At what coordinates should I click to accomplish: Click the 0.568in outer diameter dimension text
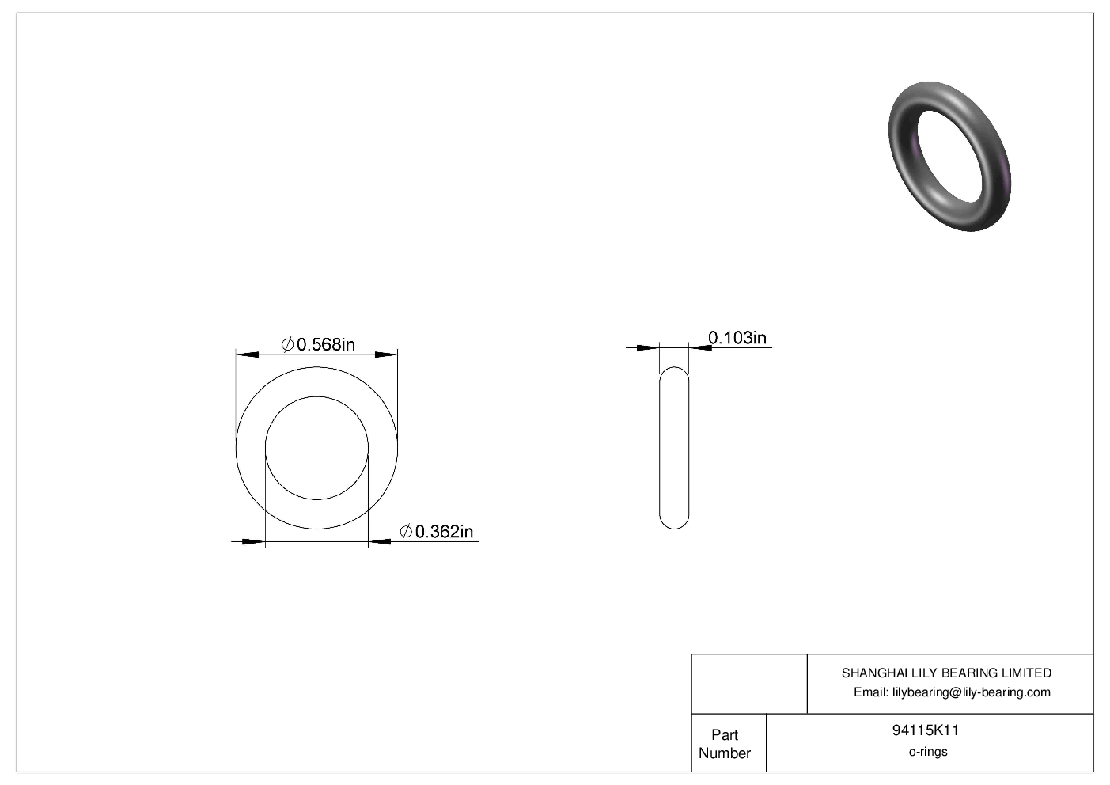pos(325,344)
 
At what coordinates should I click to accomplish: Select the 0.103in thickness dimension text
pos(737,338)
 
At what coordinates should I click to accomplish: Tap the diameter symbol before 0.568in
pos(288,344)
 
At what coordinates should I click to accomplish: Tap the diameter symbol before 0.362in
pos(406,532)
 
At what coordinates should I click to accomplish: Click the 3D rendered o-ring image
pos(949,156)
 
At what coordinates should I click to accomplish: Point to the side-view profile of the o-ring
pos(674,448)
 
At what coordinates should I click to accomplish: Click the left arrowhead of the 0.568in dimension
pos(248,355)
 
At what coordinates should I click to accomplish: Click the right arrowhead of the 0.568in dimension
pos(386,355)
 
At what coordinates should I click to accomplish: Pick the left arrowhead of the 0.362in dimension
pos(252,542)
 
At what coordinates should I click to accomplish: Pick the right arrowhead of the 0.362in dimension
pos(381,542)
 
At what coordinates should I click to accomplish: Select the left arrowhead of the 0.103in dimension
pos(647,347)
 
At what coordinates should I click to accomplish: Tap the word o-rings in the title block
pos(927,752)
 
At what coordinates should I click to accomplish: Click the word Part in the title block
pos(724,734)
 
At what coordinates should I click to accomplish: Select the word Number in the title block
pos(724,753)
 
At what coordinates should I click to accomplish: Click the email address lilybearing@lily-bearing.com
pos(971,692)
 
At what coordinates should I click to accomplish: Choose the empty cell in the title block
pos(748,684)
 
